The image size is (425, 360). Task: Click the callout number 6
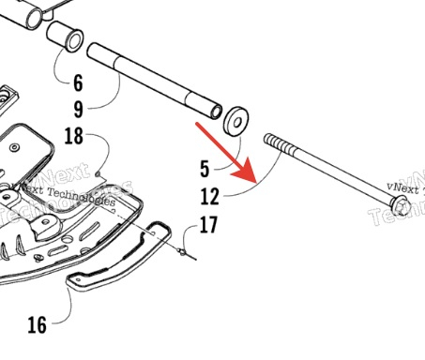point(78,83)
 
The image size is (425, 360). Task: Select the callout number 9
point(79,110)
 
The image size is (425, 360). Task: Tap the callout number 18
point(74,136)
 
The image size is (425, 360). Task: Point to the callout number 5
point(205,169)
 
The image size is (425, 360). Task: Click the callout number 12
point(209,196)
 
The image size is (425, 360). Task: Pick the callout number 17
point(208,224)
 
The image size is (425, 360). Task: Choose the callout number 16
point(38,325)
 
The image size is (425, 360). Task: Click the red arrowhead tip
point(256,183)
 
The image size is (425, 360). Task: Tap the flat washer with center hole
point(236,122)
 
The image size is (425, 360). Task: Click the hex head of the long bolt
point(401,205)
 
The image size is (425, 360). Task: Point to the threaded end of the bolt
point(280,144)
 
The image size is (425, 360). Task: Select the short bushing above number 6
point(65,37)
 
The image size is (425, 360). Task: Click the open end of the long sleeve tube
point(216,112)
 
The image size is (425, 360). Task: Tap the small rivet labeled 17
point(181,251)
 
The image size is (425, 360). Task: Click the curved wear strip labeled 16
point(119,256)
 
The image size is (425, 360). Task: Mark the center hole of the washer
point(237,122)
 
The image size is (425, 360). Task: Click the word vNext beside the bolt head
point(402,187)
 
